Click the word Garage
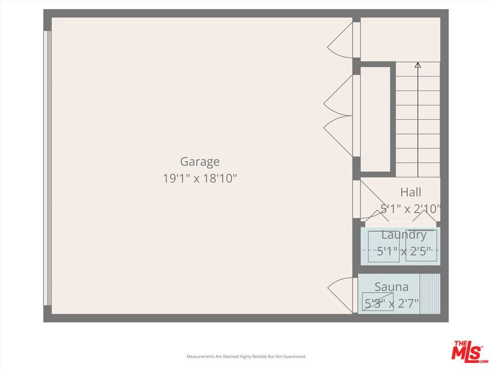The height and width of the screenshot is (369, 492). [x=200, y=162]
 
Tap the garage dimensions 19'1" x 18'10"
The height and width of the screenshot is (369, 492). [x=200, y=178]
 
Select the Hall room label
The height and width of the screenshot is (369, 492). [x=411, y=192]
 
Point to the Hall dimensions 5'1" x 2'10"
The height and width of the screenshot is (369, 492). [x=411, y=209]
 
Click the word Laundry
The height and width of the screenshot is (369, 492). [x=404, y=235]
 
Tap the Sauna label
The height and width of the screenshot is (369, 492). [x=392, y=287]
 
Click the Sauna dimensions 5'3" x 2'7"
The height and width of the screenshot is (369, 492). [x=392, y=303]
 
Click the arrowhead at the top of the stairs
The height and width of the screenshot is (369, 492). [x=418, y=65]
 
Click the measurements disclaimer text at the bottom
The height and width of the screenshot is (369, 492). [x=245, y=357]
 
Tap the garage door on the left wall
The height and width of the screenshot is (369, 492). [x=47, y=168]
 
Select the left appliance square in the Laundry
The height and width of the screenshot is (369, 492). [x=383, y=246]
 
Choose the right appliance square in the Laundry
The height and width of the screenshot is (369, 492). [x=421, y=245]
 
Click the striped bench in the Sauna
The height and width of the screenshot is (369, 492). [x=430, y=294]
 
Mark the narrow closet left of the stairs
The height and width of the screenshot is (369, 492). [x=375, y=119]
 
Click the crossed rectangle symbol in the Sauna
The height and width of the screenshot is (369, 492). [x=378, y=301]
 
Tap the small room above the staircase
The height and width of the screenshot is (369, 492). [x=400, y=39]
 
